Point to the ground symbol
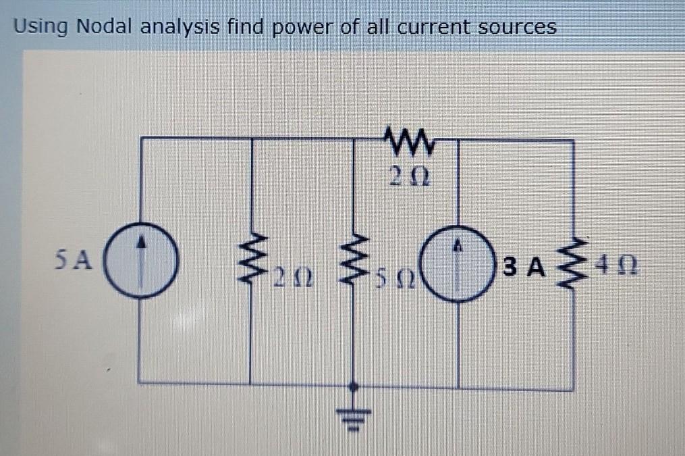(x=351, y=413)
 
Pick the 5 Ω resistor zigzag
(x=353, y=261)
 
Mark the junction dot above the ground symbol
(x=351, y=386)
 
